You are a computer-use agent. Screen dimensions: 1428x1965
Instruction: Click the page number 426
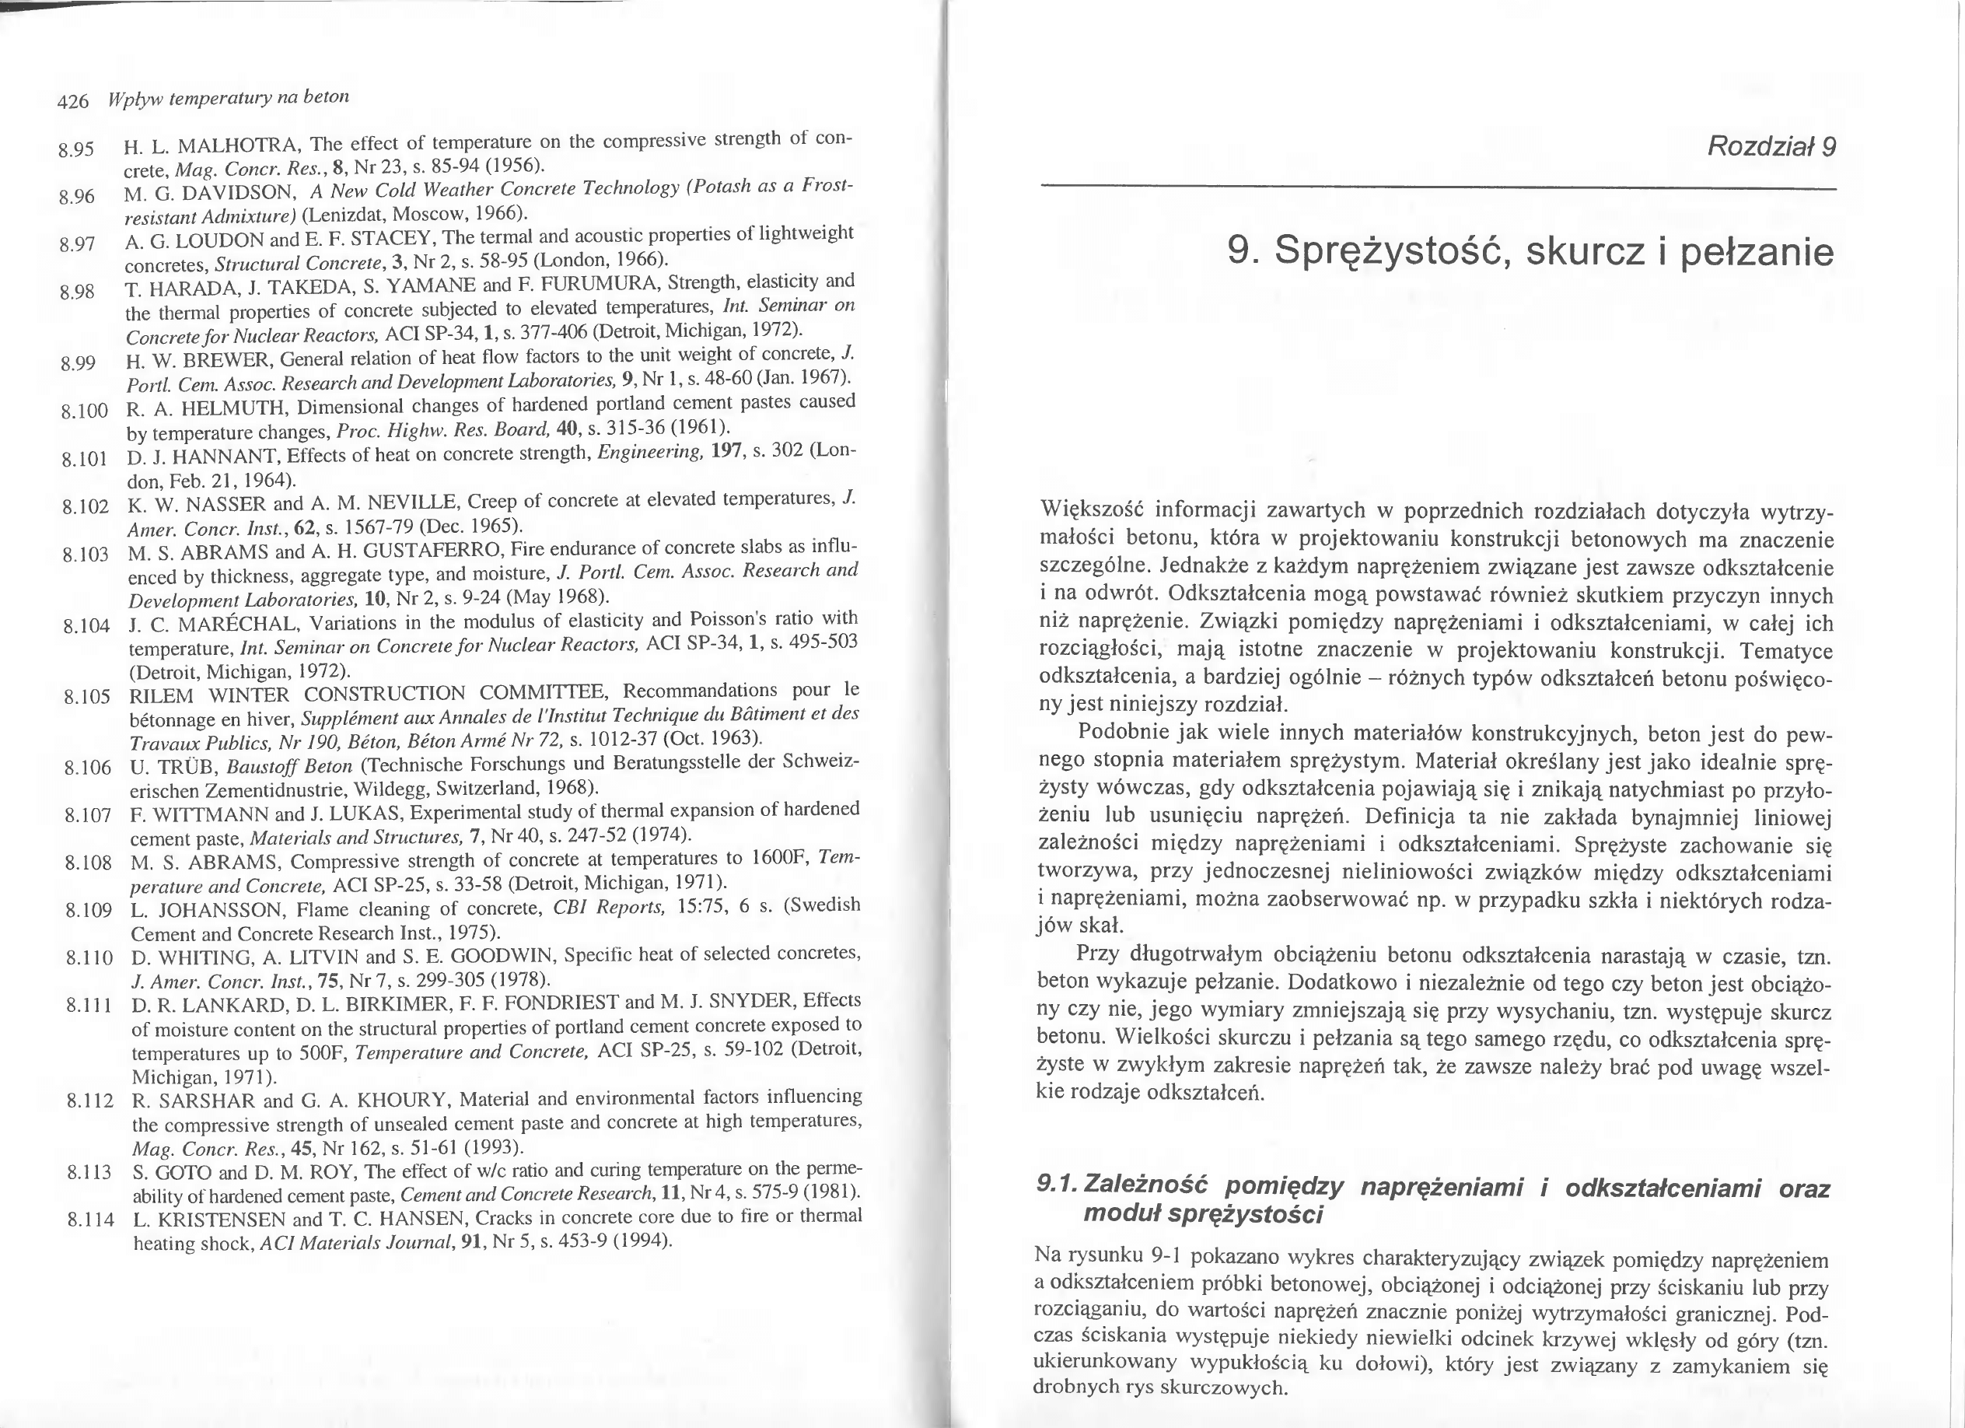pyautogui.click(x=73, y=102)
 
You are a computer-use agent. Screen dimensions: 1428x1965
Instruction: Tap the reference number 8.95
pyautogui.click(x=75, y=150)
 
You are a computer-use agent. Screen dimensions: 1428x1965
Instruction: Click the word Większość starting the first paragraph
pyautogui.click(x=1090, y=509)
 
